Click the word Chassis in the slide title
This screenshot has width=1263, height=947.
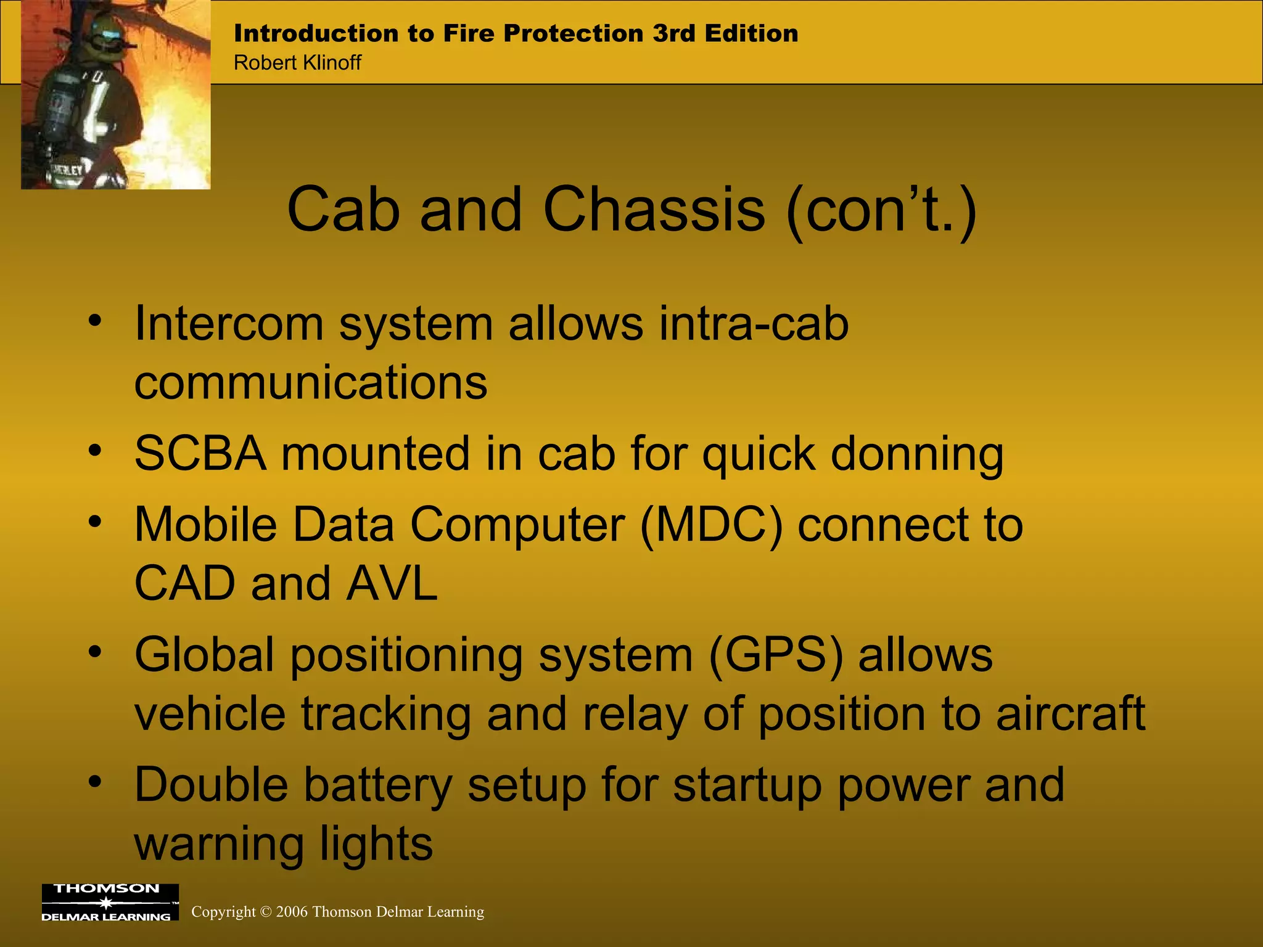point(654,210)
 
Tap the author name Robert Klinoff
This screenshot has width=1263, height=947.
point(297,63)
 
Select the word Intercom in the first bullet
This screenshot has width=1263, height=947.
point(228,324)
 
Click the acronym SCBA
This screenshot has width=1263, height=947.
point(200,454)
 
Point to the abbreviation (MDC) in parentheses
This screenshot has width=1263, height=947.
point(711,525)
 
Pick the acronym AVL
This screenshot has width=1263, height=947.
point(392,584)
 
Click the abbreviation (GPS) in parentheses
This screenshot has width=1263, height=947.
point(776,655)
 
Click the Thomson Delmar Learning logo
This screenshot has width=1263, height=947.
point(110,902)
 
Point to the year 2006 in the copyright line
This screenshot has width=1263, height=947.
point(292,912)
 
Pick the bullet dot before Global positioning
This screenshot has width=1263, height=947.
point(94,651)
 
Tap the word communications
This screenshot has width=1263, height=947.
point(311,383)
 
